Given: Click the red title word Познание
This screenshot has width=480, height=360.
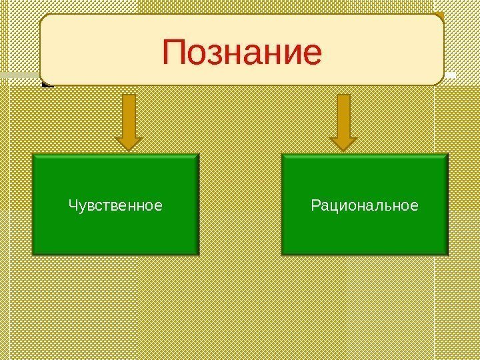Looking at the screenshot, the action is pos(242,54).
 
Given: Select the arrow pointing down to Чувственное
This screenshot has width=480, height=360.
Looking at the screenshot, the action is pos(129,120).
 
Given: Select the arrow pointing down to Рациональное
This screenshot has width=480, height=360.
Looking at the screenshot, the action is pos(343,120).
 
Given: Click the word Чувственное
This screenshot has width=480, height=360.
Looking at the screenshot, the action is pos(115,205).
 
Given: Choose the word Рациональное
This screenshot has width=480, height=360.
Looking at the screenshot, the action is pos(365,205).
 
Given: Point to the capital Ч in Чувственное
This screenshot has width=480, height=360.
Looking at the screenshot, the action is pos(72,205).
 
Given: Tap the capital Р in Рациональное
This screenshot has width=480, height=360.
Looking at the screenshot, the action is pos(315,205).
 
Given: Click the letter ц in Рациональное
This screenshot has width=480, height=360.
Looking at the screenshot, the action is pos(331,206).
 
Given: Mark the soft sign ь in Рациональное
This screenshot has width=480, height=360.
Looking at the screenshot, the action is pos(391,206).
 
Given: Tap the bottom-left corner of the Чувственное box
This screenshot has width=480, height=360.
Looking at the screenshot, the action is pos(33,255).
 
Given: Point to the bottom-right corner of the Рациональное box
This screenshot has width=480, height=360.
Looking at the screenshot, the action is pos(447,255).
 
